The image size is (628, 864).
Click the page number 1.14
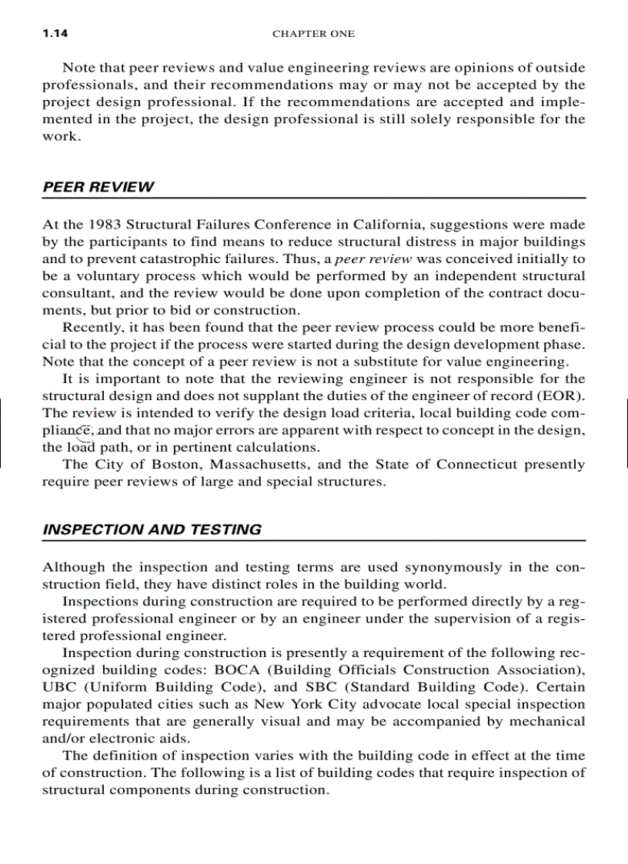(54, 34)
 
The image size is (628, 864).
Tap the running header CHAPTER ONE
(313, 34)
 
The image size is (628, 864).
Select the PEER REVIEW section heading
(98, 187)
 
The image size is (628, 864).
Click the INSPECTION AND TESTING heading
(152, 529)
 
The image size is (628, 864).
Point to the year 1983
(104, 225)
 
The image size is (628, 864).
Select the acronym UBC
(60, 687)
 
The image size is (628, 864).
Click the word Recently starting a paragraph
(92, 328)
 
